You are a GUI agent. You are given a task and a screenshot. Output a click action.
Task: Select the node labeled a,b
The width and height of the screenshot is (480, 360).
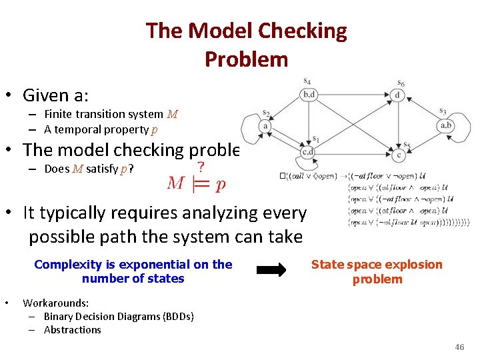(446, 125)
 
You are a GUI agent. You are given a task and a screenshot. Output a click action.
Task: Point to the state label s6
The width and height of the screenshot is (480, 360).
(400, 83)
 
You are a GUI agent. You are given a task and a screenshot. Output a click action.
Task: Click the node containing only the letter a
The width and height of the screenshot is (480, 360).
(266, 125)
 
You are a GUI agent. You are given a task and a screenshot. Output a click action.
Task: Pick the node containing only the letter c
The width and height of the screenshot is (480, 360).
(399, 155)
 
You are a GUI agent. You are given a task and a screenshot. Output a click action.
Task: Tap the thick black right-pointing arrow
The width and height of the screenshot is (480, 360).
(271, 270)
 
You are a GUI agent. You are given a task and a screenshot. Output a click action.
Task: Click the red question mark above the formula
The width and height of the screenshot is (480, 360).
(201, 166)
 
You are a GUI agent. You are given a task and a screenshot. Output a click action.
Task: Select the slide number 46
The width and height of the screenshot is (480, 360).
(459, 347)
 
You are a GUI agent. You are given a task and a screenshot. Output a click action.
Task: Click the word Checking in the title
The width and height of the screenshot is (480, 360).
(302, 31)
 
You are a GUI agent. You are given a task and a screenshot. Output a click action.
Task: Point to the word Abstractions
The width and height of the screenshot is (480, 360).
(72, 329)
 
